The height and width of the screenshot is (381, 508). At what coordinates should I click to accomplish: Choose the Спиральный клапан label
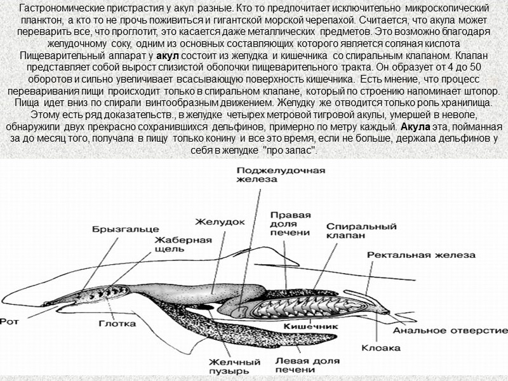(x=354, y=230)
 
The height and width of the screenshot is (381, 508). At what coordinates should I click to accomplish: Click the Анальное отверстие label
(x=450, y=331)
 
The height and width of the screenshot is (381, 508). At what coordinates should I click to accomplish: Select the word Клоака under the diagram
(x=380, y=347)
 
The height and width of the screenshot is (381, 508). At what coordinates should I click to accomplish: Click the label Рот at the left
(x=11, y=321)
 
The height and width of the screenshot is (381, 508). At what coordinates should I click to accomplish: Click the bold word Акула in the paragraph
(x=416, y=125)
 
